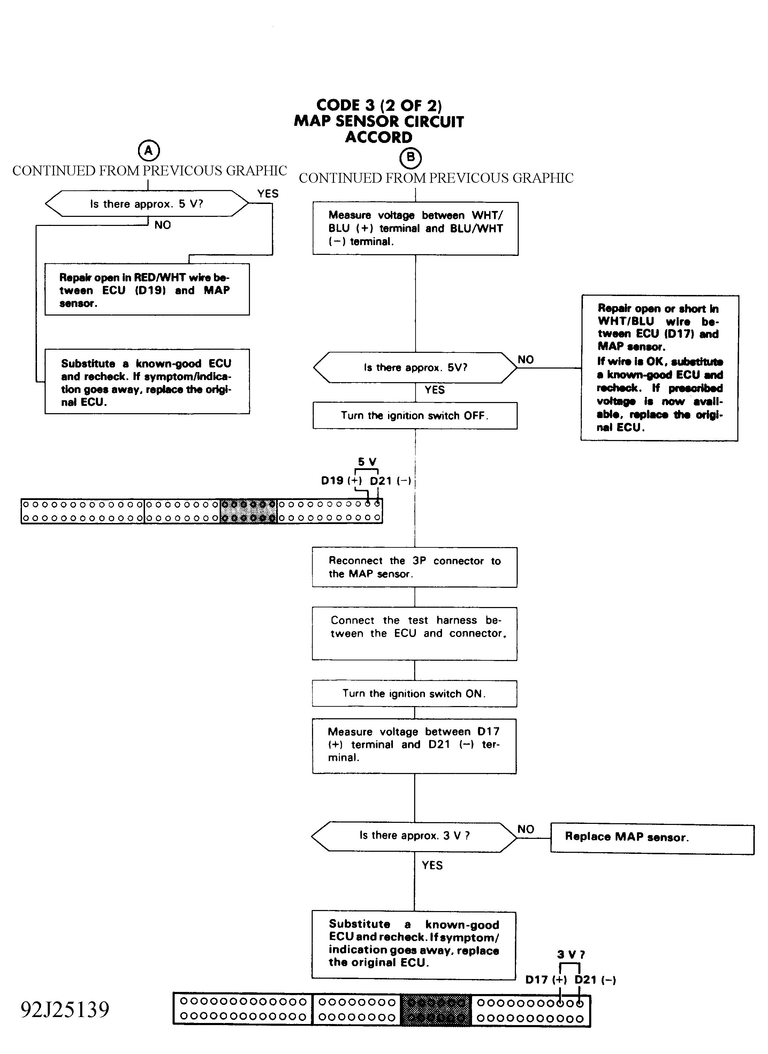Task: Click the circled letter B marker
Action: [x=411, y=158]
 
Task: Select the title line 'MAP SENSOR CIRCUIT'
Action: [x=379, y=121]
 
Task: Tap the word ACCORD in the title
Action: [x=379, y=137]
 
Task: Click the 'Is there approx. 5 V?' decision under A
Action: [x=147, y=204]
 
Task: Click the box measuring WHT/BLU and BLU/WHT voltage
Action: [x=416, y=228]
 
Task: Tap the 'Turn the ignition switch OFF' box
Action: [x=415, y=415]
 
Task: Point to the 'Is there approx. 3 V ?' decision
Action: [x=414, y=837]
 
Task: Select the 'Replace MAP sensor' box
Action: [x=652, y=839]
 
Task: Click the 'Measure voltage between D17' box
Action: [x=414, y=746]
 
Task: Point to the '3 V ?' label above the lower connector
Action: [x=571, y=955]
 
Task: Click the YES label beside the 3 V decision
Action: [x=432, y=865]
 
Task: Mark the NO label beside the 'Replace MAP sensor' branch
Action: [x=526, y=829]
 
